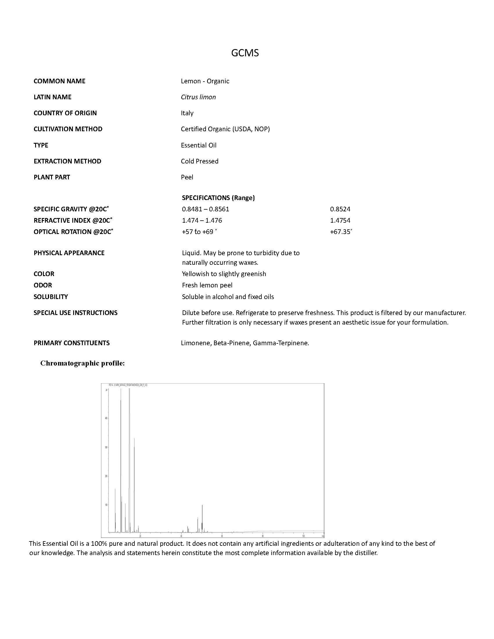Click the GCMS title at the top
point(245,53)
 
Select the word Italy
point(187,113)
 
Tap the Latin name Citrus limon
point(198,97)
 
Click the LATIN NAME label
point(52,97)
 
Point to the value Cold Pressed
point(200,161)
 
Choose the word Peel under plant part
point(187,177)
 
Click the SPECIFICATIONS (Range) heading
point(218,198)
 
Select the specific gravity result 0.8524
point(340,209)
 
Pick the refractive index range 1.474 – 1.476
point(202,221)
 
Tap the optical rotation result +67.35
point(341,232)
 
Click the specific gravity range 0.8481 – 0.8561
point(205,209)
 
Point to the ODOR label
point(43,285)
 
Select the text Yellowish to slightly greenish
point(224,274)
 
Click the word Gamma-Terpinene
point(281,343)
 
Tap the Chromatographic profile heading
point(82,363)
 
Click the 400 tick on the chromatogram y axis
point(106,418)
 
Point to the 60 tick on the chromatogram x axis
point(222,536)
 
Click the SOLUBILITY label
point(51,297)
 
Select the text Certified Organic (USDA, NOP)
point(225,129)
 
